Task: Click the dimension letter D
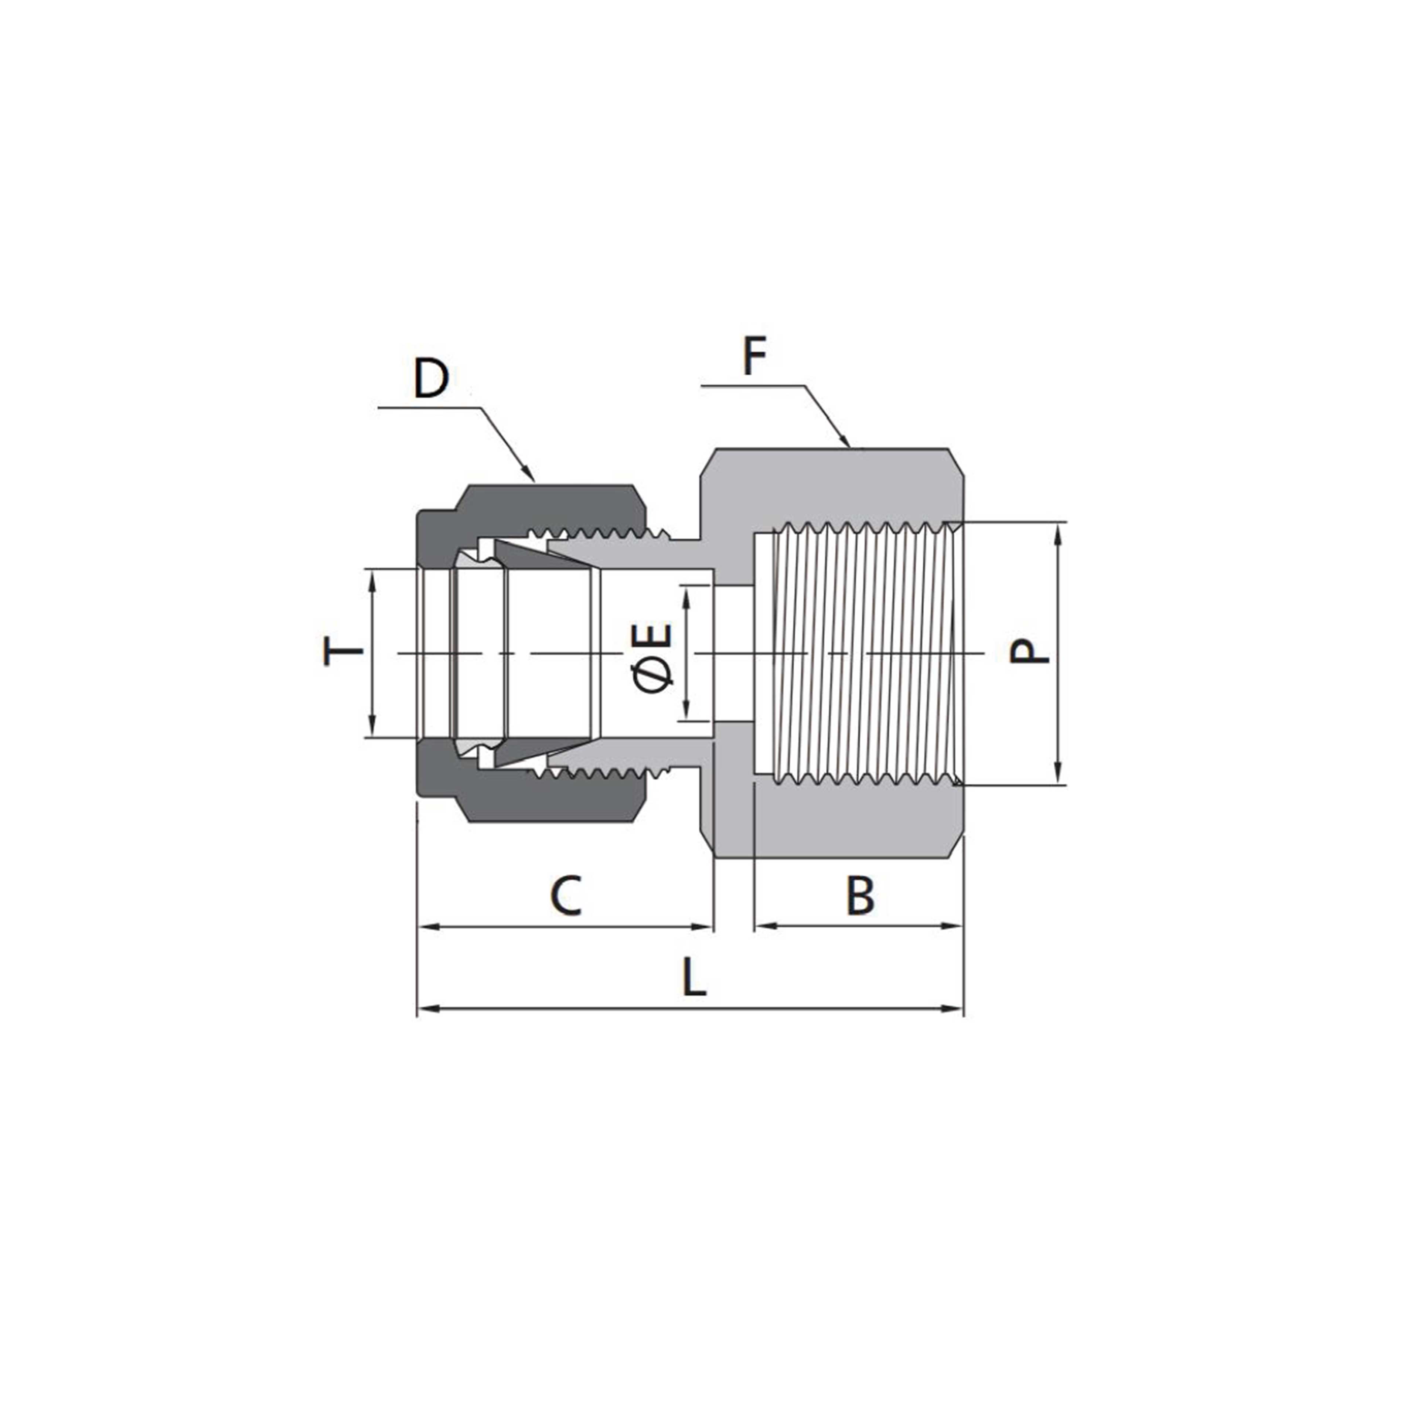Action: (431, 378)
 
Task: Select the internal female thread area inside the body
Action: (865, 654)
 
